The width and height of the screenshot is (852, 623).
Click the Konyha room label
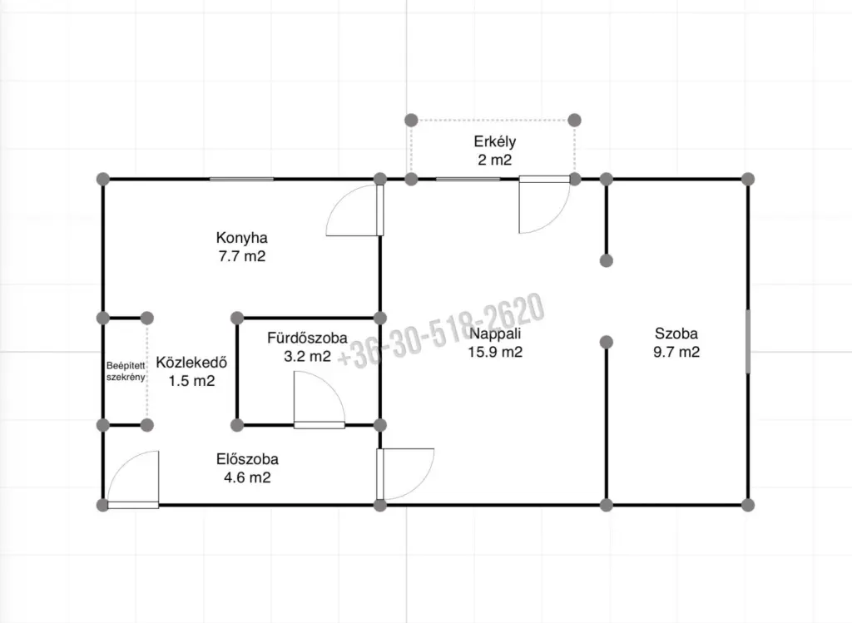point(242,238)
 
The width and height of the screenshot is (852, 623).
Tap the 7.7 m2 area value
point(242,256)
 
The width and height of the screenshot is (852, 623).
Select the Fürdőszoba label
point(307,338)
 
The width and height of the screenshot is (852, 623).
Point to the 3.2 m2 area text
point(307,356)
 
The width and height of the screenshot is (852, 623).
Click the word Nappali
point(495,334)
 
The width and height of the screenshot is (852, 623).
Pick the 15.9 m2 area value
point(495,352)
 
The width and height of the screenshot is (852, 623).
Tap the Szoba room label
point(676,334)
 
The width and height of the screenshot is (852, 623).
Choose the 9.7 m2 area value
point(676,352)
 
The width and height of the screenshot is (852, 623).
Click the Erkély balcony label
point(494,141)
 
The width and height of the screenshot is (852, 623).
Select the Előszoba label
point(247,459)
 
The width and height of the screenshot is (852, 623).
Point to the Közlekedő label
point(191,363)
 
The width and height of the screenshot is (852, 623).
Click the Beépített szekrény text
point(126,372)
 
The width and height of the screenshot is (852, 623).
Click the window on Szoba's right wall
point(748,342)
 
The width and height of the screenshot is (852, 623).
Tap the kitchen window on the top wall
point(242,179)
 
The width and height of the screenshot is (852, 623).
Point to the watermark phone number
point(441,330)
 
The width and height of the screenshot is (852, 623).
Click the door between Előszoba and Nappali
point(405,474)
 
